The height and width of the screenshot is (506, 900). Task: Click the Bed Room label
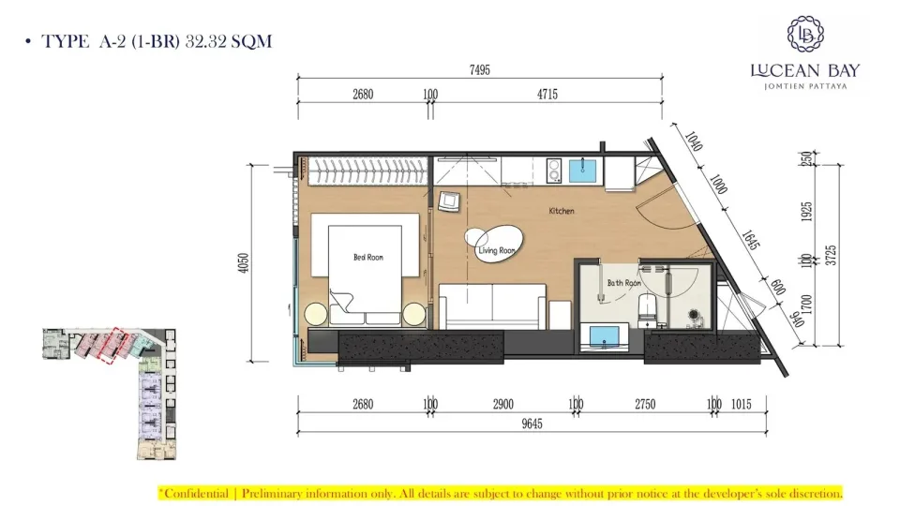tap(367, 257)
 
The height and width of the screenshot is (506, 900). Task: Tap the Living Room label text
tap(497, 251)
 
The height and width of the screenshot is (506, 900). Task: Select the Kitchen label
tap(562, 211)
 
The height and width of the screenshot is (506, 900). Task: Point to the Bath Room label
tap(624, 283)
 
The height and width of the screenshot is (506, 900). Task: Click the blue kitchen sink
tap(583, 171)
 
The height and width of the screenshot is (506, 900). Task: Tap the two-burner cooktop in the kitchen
tap(554, 171)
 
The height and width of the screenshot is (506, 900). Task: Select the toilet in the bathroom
tap(648, 309)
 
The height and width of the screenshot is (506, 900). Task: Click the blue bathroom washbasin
tap(605, 336)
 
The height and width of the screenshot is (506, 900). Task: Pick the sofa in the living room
tap(492, 305)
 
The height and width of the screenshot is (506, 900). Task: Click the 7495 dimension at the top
tap(480, 70)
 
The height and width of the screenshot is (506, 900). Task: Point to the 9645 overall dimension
tap(532, 424)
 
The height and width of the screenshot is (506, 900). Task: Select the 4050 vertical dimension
tap(244, 262)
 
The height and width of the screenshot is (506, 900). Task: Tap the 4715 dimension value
tap(547, 94)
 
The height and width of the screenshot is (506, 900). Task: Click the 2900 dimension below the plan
tap(502, 405)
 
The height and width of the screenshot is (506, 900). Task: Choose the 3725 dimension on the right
tap(831, 255)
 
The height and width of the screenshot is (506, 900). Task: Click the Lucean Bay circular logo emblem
tap(805, 35)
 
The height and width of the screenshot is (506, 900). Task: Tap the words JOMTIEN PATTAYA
tap(805, 86)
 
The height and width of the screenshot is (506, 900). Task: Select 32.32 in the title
tap(206, 41)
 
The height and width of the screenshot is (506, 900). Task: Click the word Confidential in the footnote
tap(196, 494)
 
